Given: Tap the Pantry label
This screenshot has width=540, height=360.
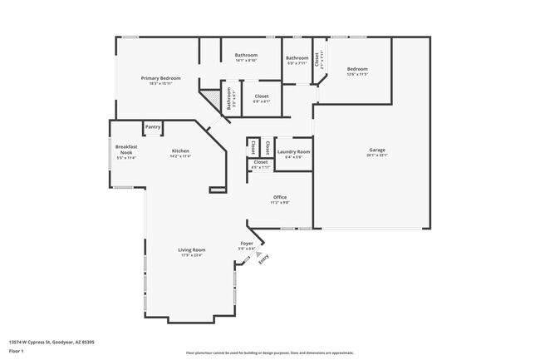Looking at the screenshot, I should tap(153, 127).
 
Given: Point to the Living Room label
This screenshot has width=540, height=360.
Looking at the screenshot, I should tap(192, 252).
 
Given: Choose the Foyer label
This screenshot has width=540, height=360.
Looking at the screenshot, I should tap(247, 245).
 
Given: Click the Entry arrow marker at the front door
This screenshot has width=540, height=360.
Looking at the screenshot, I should tap(258, 254).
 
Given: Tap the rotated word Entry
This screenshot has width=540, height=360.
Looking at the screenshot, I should tap(264, 259).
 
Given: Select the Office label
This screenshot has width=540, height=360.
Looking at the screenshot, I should tap(280, 199).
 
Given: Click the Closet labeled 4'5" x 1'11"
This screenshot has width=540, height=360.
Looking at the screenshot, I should tap(261, 164).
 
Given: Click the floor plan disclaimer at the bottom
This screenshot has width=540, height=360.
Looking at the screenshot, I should tap(270, 353).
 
